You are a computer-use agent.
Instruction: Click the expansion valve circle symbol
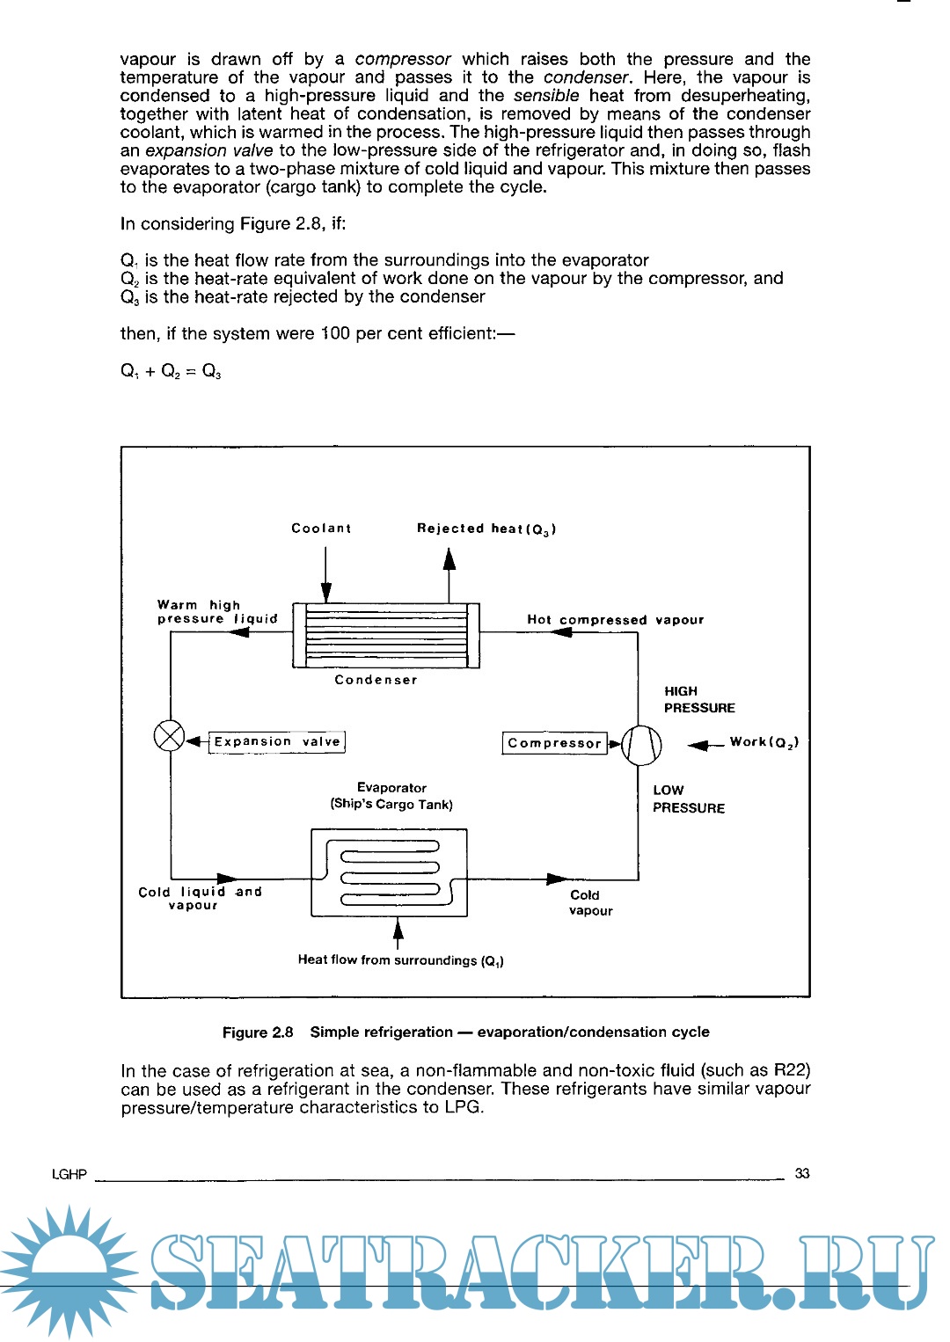pyautogui.click(x=169, y=736)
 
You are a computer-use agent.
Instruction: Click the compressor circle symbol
pyautogui.click(x=641, y=745)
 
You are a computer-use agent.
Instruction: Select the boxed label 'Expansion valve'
pyautogui.click(x=277, y=742)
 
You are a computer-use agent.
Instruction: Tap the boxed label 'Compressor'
pyautogui.click(x=554, y=744)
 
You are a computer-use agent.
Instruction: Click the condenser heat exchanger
pyautogui.click(x=386, y=636)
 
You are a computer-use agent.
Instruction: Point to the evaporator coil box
pyautogui.click(x=389, y=872)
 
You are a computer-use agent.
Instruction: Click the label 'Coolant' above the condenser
pyautogui.click(x=321, y=529)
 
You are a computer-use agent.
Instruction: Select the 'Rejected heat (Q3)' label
pyautogui.click(x=486, y=529)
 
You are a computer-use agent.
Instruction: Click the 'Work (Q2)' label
pyautogui.click(x=764, y=743)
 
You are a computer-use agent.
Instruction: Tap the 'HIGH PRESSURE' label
pyautogui.click(x=698, y=700)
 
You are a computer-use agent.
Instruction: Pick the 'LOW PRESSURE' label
pyautogui.click(x=688, y=799)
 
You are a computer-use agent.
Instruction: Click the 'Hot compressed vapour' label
pyautogui.click(x=615, y=620)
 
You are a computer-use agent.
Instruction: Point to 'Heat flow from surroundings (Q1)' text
pyautogui.click(x=400, y=960)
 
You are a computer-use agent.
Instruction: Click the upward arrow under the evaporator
pyautogui.click(x=398, y=932)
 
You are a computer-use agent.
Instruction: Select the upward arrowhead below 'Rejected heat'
pyautogui.click(x=449, y=559)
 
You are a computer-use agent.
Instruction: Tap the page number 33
pyautogui.click(x=802, y=1174)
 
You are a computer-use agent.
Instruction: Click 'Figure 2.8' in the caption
pyautogui.click(x=258, y=1032)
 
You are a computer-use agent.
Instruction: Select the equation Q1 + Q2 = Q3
pyautogui.click(x=171, y=371)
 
